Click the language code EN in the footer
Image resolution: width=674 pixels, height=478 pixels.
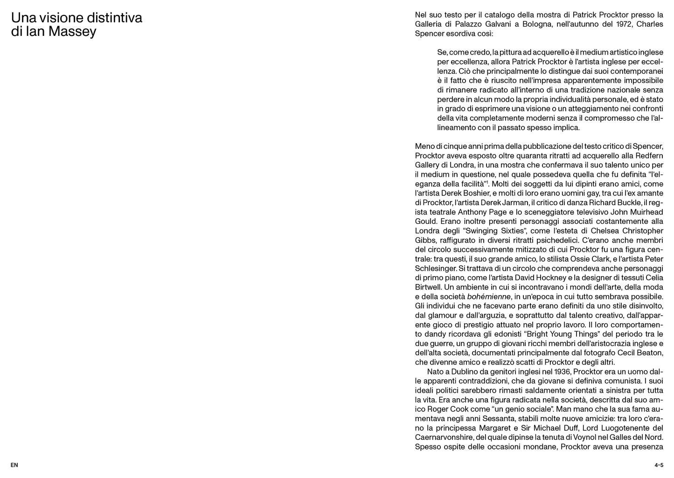click(x=14, y=465)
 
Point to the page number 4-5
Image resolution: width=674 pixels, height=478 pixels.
click(x=659, y=465)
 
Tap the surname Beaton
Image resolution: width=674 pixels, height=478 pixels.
click(x=648, y=353)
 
